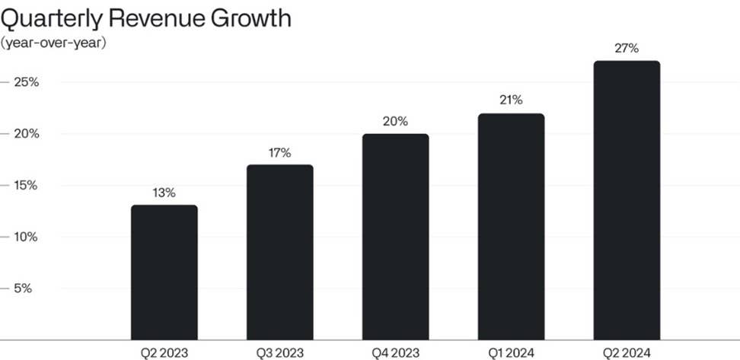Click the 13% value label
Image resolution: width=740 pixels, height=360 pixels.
(164, 193)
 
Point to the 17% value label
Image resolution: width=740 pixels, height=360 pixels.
(279, 153)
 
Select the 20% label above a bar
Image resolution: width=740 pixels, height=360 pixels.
(395, 122)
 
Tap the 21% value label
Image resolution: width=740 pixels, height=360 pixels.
(511, 100)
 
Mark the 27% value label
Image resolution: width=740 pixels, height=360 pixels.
(627, 49)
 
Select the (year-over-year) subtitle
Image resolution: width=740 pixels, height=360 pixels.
(53, 43)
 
